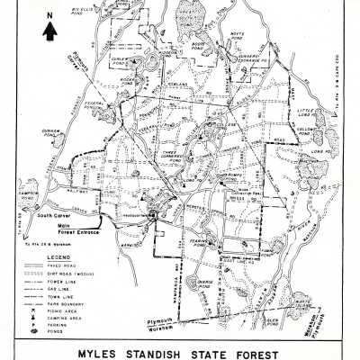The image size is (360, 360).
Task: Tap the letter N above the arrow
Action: (50, 15)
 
